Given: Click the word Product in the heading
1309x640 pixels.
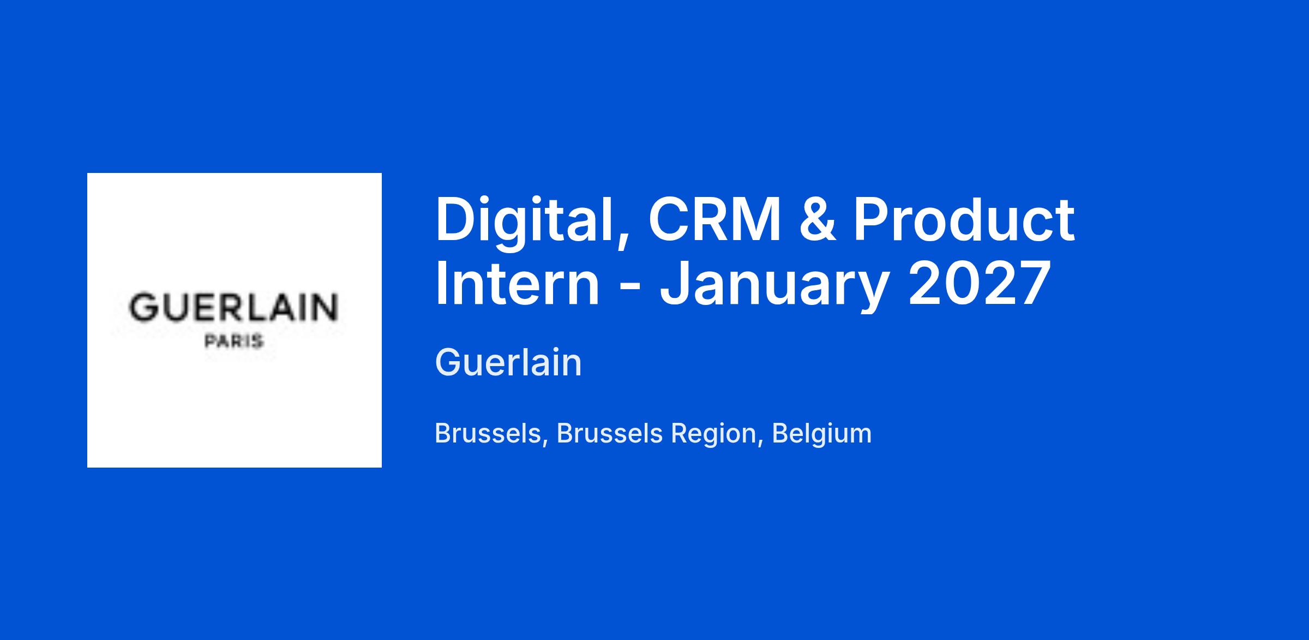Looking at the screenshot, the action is click(964, 219).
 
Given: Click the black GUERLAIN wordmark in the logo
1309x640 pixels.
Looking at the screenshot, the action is click(233, 307).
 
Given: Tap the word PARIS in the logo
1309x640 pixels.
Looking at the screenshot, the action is click(234, 342).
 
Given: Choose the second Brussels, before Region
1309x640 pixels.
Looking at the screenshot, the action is click(609, 434).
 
